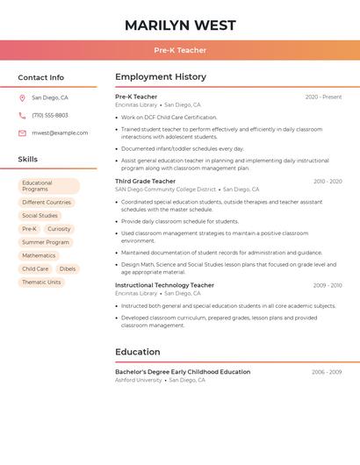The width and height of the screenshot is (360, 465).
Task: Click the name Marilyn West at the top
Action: click(x=179, y=25)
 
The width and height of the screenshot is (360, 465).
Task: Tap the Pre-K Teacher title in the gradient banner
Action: click(x=180, y=50)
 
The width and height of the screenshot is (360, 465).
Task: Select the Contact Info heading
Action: click(x=40, y=77)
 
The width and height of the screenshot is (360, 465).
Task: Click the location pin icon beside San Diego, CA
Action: click(x=22, y=98)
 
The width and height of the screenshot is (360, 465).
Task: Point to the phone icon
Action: click(x=22, y=116)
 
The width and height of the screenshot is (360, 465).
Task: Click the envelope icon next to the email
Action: click(x=22, y=133)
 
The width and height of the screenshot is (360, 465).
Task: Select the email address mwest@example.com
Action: click(x=60, y=133)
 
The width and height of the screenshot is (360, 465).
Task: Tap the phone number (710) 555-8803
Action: click(x=49, y=116)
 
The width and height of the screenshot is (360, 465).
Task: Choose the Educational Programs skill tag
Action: click(x=48, y=186)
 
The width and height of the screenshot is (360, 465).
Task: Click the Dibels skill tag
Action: click(x=68, y=269)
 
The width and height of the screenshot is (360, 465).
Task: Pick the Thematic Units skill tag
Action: click(x=41, y=283)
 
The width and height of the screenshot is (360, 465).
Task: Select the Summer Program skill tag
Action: click(x=46, y=242)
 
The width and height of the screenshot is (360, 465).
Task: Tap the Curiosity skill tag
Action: click(x=59, y=229)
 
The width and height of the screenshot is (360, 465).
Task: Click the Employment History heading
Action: click(x=161, y=77)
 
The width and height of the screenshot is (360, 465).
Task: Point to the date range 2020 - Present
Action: click(x=323, y=97)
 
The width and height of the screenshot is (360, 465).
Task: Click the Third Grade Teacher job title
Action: click(x=145, y=181)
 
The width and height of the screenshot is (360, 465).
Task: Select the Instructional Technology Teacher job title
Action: click(x=164, y=285)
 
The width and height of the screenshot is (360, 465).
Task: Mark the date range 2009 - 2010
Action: click(x=327, y=285)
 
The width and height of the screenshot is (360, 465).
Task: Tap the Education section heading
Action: click(x=137, y=352)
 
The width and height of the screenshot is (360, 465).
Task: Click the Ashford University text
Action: click(x=139, y=381)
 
